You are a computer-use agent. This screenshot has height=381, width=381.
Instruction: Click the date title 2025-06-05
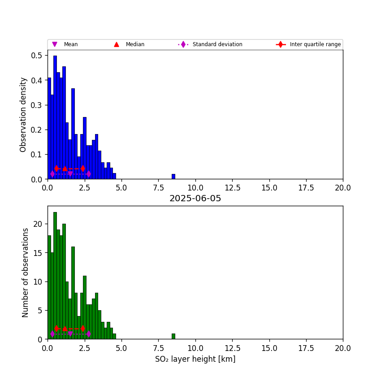pyautogui.click(x=195, y=199)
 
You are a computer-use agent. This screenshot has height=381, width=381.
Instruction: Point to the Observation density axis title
pyautogui.click(x=23, y=114)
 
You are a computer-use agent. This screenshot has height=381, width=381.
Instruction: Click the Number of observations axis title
pyautogui.click(x=26, y=273)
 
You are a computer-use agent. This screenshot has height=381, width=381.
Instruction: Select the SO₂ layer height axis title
pyautogui.click(x=195, y=359)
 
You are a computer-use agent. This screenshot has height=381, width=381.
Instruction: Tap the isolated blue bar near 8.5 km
pyautogui.click(x=173, y=177)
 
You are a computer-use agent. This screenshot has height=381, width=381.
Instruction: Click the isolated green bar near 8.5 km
pyautogui.click(x=173, y=336)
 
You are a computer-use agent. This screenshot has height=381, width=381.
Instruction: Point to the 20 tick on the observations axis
pyautogui.click(x=39, y=224)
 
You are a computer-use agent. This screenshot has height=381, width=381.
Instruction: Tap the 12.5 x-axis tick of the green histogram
pyautogui.click(x=232, y=347)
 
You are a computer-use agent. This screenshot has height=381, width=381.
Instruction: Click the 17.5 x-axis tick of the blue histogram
pyautogui.click(x=306, y=187)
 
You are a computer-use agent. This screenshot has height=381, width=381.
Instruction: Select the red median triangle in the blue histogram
pyautogui.click(x=65, y=169)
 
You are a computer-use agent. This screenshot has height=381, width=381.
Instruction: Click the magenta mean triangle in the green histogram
pyautogui.click(x=70, y=334)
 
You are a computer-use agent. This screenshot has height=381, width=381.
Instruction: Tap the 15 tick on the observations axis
pyautogui.click(x=39, y=253)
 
